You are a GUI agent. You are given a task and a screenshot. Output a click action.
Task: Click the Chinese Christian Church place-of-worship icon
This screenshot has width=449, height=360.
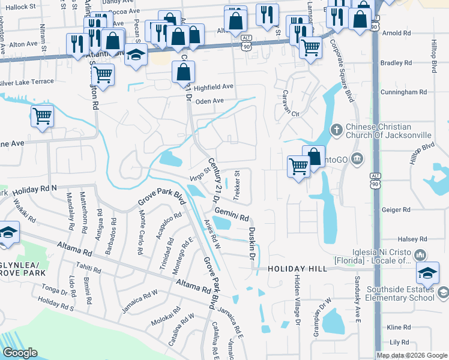click(x=337, y=130)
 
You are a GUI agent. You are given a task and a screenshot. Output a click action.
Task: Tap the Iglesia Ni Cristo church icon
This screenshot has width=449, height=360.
click(x=420, y=255)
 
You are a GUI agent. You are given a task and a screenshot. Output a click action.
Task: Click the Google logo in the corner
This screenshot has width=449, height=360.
click(x=20, y=353)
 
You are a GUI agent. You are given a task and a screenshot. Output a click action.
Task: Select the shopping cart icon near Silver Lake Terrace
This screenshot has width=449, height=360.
click(x=103, y=75)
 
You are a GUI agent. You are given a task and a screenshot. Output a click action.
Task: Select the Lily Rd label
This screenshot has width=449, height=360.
click(x=399, y=342)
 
